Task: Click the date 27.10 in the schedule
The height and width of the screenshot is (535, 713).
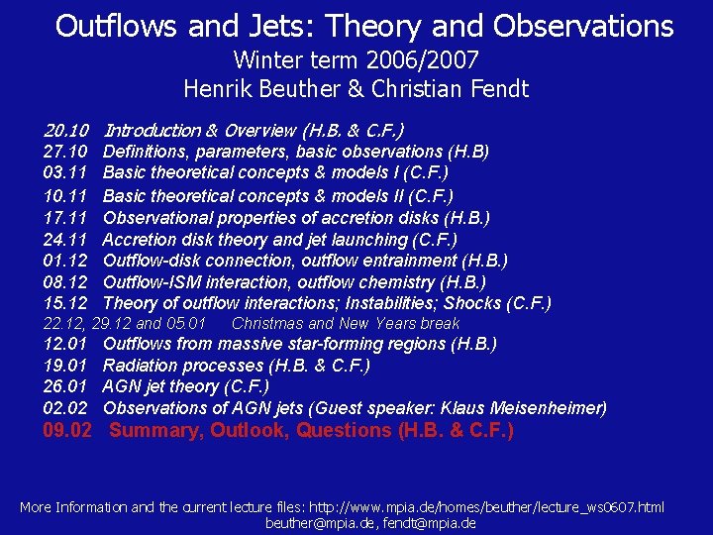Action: pyautogui.click(x=66, y=152)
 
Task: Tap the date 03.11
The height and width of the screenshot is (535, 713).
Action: pyautogui.click(x=66, y=173)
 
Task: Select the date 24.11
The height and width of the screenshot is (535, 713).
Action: pyautogui.click(x=66, y=239)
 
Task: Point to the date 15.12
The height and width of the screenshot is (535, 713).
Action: pyautogui.click(x=66, y=303)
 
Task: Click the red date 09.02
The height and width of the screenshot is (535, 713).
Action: pyautogui.click(x=68, y=430)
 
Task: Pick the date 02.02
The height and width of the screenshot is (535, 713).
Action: pyautogui.click(x=66, y=407)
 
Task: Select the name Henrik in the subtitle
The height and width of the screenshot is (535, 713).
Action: pyautogui.click(x=217, y=89)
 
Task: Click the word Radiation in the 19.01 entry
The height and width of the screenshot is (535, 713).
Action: pyautogui.click(x=142, y=366)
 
